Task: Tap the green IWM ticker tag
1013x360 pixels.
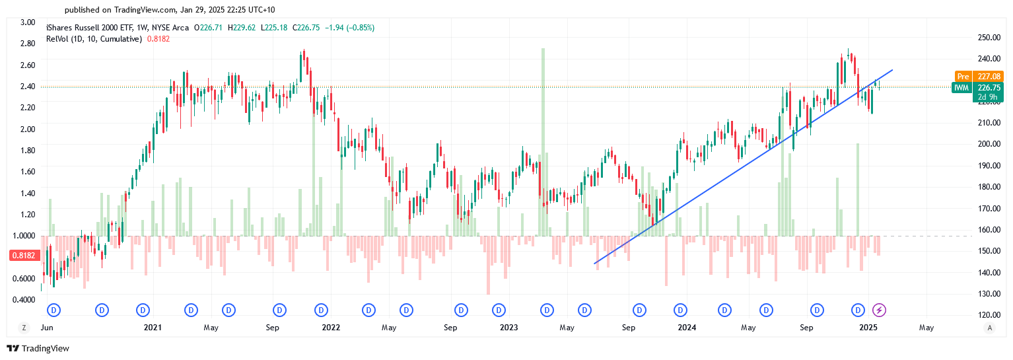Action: click(962, 87)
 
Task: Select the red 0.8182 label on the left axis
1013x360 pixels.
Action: click(23, 255)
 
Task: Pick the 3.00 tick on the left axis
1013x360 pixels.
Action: click(28, 22)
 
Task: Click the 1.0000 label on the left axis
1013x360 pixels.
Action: click(24, 236)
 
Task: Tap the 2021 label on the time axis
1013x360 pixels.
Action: click(153, 328)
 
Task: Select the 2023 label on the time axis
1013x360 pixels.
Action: click(508, 328)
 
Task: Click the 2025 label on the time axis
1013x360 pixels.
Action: click(868, 328)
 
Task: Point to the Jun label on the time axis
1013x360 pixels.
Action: click(46, 328)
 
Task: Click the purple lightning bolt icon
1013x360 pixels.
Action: click(879, 309)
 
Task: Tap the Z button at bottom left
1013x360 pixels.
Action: click(24, 328)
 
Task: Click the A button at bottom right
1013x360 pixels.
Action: click(989, 328)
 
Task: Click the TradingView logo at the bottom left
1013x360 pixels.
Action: click(38, 348)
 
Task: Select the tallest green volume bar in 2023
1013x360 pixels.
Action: click(543, 142)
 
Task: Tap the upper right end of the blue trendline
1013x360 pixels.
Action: click(893, 69)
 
